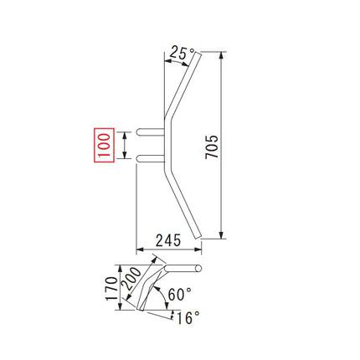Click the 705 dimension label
(x=212, y=147)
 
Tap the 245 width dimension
(x=168, y=240)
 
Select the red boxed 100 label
(x=105, y=145)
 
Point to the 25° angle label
(x=182, y=53)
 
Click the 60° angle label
(x=180, y=294)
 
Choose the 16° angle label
(x=188, y=318)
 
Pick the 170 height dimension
(x=111, y=288)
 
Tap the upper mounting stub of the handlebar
(x=151, y=131)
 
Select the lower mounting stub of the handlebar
(x=151, y=158)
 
